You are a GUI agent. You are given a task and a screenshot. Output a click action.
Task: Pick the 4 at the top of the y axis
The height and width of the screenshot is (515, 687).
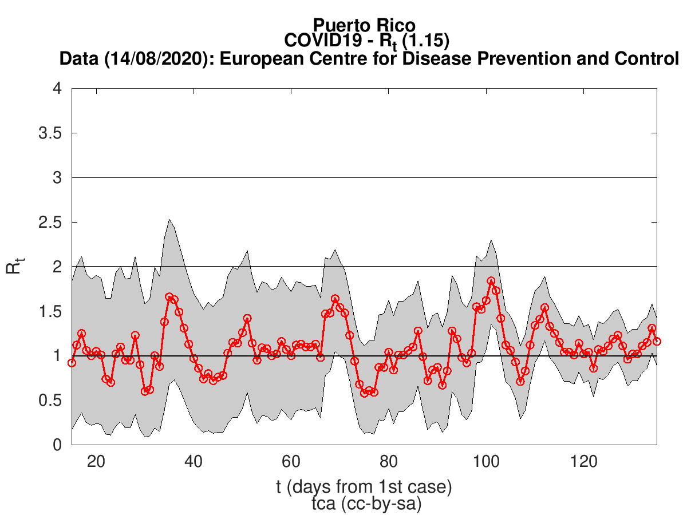[57, 89]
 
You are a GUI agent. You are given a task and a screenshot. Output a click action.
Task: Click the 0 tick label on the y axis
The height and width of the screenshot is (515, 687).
[57, 445]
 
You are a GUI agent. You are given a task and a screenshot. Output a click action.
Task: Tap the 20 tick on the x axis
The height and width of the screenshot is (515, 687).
[96, 461]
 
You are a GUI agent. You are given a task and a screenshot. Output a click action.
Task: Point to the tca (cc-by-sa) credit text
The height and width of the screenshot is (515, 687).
[364, 504]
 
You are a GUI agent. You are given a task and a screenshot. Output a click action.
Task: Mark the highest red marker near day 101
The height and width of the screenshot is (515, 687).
[491, 281]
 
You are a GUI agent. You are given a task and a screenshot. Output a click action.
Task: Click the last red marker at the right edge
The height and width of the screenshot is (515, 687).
[657, 341]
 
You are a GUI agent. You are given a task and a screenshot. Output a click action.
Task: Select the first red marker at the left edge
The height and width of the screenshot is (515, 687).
[72, 363]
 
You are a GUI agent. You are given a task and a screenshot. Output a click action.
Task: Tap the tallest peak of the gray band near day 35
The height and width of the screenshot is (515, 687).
[169, 220]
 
